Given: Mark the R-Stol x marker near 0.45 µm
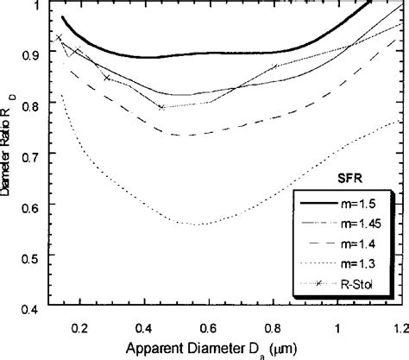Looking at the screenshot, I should tap(161, 107).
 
